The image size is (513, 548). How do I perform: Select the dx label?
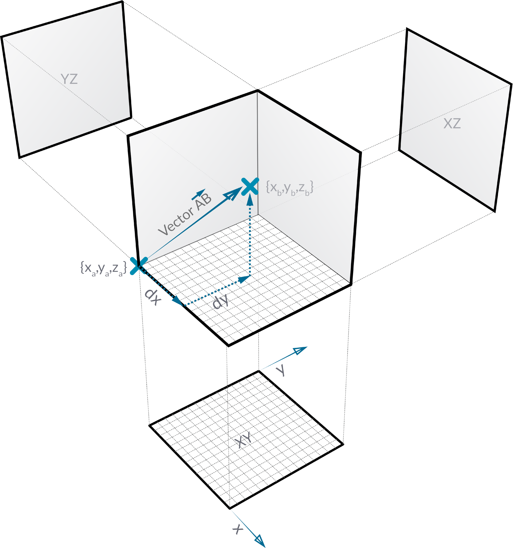[x=153, y=297]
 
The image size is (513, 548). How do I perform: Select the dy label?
[x=221, y=301]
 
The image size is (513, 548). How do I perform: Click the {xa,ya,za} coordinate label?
[x=103, y=269]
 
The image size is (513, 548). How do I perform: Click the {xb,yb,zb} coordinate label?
[x=290, y=188]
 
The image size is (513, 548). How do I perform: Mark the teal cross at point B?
[x=250, y=187]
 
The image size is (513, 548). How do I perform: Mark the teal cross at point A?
[x=139, y=266]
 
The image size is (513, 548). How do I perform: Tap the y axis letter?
[x=281, y=370]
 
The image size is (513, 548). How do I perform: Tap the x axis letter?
[x=237, y=529]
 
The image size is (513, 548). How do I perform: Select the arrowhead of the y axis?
[x=300, y=350]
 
